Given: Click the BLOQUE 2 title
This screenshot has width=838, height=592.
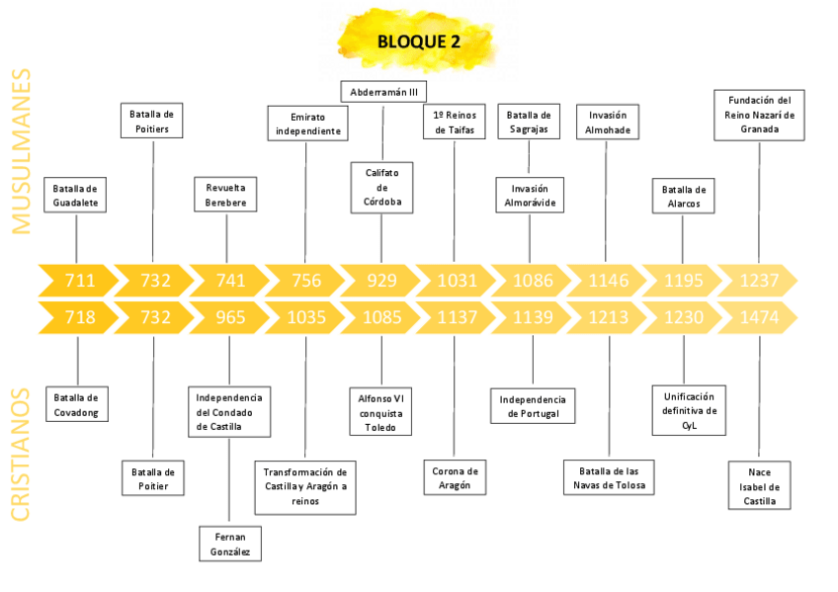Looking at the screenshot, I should pos(418,42).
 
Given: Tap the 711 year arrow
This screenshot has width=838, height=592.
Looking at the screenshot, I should pos(79,281).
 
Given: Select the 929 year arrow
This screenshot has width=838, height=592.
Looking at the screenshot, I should pos(381,281).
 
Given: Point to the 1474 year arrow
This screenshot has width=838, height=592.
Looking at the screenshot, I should pos(759,318).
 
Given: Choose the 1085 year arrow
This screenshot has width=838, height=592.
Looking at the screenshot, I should pos(381,318).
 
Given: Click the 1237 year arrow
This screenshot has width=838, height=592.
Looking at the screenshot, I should pos(759,281).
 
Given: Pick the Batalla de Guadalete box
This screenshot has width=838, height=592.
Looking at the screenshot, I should pos(76,196).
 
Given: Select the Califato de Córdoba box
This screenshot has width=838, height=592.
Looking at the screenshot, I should pos(381,188).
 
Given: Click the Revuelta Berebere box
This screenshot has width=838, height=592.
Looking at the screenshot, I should pos(226,195).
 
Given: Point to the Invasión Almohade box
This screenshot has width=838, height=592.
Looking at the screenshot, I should pos(608,123).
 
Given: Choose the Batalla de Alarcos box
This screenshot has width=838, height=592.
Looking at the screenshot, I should pos(683,196).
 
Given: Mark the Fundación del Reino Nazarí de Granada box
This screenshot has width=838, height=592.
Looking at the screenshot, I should pos(759,115).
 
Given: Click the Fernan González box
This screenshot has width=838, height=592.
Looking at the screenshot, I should pos(230,543).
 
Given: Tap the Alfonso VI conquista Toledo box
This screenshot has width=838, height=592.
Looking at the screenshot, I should pos(381,413).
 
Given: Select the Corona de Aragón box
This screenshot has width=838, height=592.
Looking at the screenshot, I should pos(455,478).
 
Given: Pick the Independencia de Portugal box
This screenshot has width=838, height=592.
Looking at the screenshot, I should pos(533,406).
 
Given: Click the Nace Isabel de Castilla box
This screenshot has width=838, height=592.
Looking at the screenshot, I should pos(760,486).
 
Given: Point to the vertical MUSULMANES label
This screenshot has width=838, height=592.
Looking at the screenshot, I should pos(22,150).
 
